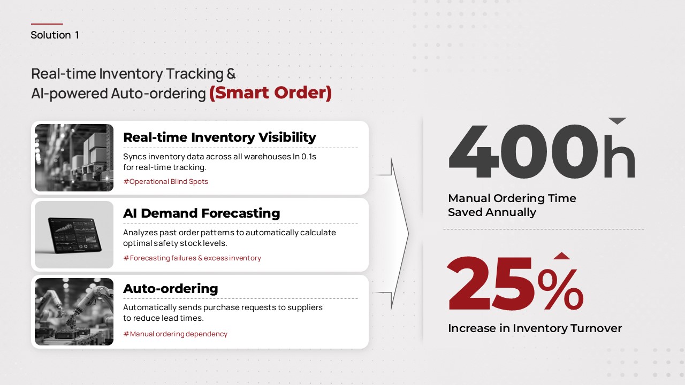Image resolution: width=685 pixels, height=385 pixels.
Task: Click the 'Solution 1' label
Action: [55, 35]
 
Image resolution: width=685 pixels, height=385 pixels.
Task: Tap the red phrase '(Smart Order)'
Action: [270, 93]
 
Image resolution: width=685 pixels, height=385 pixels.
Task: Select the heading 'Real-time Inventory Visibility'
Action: [219, 137]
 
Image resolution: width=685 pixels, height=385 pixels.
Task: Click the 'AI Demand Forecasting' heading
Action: [202, 213]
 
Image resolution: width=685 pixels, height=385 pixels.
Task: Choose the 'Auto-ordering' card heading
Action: [171, 288]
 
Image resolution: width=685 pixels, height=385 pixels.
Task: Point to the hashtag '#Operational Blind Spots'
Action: [166, 181]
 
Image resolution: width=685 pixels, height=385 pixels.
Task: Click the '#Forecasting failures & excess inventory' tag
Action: [192, 258]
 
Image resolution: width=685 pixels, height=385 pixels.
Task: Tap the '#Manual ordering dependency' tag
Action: [175, 334]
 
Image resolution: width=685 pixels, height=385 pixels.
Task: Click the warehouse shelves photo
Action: [74, 158]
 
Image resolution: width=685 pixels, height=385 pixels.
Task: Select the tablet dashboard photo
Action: [74, 235]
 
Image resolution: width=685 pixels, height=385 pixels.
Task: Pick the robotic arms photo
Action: [74, 312]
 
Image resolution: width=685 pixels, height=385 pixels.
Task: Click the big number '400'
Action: [523, 151]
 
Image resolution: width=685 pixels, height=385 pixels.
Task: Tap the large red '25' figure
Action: [491, 283]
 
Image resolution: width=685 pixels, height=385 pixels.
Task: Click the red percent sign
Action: [560, 289]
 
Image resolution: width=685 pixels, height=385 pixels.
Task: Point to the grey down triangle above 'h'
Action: [618, 121]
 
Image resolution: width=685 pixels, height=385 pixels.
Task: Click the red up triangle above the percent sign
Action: [562, 256]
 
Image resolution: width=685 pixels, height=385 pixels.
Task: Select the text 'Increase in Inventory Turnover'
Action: [535, 328]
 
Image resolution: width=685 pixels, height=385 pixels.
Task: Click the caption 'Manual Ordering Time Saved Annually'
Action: [512, 205]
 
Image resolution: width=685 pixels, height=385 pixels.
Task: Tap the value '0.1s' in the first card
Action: [309, 157]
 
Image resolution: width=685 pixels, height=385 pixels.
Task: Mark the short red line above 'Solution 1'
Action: [47, 24]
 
